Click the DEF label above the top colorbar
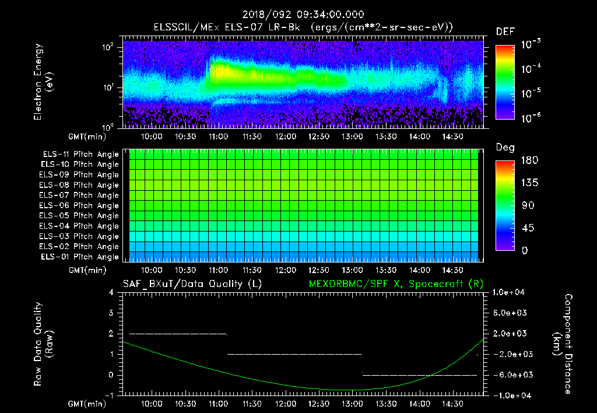(x=505, y=32)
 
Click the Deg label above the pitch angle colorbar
(x=505, y=148)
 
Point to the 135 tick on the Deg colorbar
(x=530, y=183)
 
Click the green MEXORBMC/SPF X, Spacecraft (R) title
(x=396, y=284)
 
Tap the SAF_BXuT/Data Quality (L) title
(x=192, y=284)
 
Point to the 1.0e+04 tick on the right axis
(x=510, y=292)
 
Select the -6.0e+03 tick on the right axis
(x=511, y=374)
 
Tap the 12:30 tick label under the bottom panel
(x=319, y=403)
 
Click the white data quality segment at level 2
(x=177, y=334)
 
